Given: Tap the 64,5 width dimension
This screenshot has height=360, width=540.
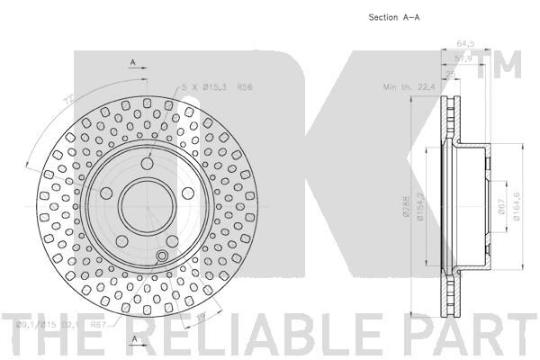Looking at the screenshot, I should pos(465,41).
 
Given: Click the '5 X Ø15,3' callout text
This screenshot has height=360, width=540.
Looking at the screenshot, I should pos(203,87).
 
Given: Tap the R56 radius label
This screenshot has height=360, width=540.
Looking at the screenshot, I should pos(245,87).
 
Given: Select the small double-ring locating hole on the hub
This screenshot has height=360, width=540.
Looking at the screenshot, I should pos(161,259).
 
